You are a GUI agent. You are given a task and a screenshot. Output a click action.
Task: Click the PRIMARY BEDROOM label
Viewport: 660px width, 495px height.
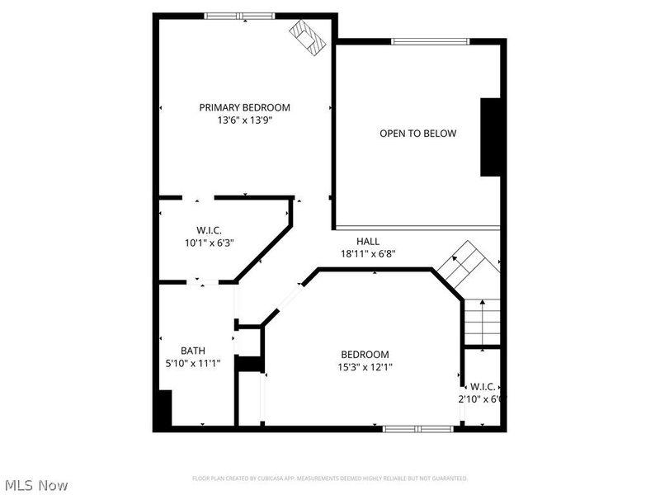point(244,107)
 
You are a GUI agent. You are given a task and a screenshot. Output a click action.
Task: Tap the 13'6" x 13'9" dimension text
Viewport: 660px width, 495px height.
point(244,120)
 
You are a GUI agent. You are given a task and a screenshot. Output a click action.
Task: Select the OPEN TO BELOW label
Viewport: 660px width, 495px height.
point(417,134)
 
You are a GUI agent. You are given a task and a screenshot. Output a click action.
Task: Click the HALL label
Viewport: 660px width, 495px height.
point(368,241)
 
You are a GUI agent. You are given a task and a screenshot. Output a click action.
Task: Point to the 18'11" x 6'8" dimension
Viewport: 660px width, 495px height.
point(368,254)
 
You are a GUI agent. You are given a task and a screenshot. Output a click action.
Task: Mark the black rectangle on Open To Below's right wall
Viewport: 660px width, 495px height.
point(491,137)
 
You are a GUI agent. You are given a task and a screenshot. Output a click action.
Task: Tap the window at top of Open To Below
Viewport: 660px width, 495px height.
point(430,40)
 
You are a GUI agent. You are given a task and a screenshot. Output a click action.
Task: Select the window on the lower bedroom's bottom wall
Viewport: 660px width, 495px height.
point(417,428)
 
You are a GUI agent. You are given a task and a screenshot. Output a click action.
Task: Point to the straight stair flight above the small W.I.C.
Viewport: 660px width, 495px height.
point(483,322)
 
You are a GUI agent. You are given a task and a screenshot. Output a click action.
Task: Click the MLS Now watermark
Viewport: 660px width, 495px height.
point(35,485)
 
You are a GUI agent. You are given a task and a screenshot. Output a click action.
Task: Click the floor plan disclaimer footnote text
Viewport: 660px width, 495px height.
point(330,478)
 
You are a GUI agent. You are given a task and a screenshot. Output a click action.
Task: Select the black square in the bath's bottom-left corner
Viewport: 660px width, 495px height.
point(163,408)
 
